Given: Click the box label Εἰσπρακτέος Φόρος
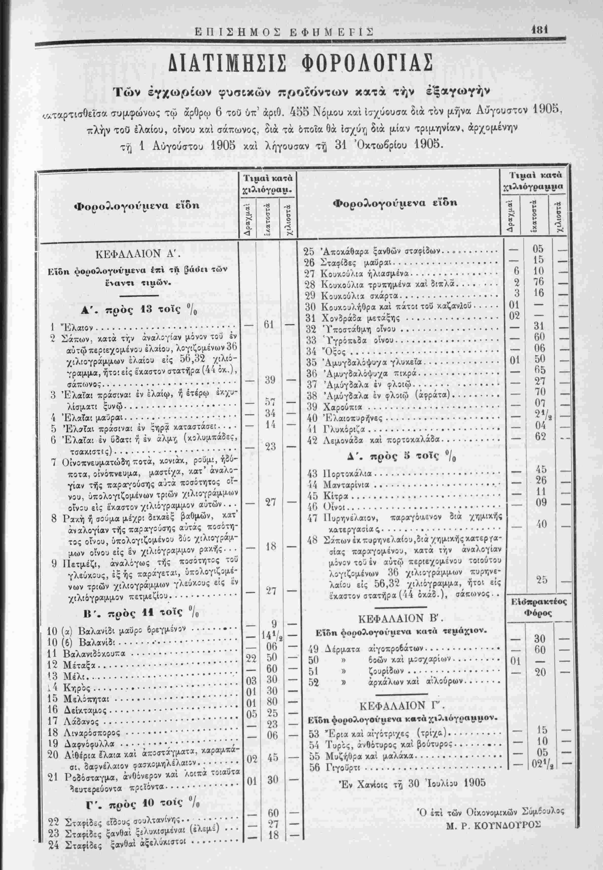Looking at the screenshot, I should [x=539, y=608].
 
